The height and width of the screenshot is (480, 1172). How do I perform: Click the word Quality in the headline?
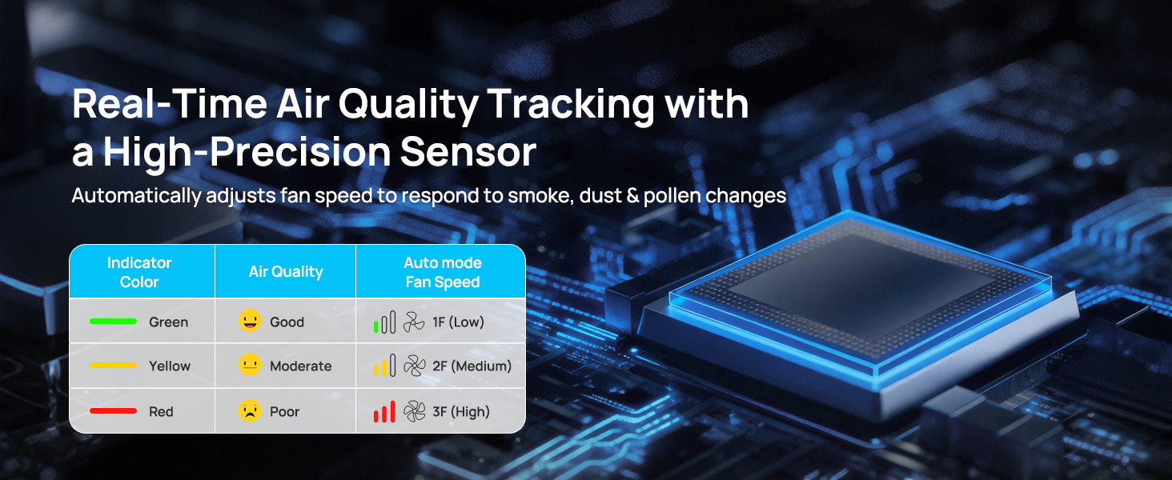pyautogui.click(x=408, y=105)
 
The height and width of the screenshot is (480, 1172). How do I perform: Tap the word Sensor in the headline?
pyautogui.click(x=468, y=152)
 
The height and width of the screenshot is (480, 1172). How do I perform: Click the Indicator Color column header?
pyautogui.click(x=139, y=272)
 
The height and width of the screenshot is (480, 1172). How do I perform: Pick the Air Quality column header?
pyautogui.click(x=286, y=272)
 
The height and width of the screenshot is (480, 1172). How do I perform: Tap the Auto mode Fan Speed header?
pyautogui.click(x=443, y=272)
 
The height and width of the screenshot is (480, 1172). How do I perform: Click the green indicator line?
pyautogui.click(x=113, y=321)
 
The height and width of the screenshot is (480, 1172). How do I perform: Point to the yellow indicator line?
pyautogui.click(x=113, y=365)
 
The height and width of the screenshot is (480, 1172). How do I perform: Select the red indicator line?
pyautogui.click(x=113, y=411)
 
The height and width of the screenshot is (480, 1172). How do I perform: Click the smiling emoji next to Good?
pyautogui.click(x=250, y=321)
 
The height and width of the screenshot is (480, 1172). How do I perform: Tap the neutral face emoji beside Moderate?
pyautogui.click(x=250, y=365)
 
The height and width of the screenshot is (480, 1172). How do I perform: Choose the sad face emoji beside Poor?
pyautogui.click(x=250, y=411)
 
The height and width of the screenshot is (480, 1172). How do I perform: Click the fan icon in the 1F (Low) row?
pyautogui.click(x=414, y=322)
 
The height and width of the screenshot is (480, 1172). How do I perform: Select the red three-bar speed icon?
pyautogui.click(x=384, y=411)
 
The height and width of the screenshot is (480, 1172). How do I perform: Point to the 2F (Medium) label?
pyautogui.click(x=472, y=366)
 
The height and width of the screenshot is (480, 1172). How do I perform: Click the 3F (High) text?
pyautogui.click(x=461, y=412)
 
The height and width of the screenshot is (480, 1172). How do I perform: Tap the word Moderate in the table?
pyautogui.click(x=301, y=366)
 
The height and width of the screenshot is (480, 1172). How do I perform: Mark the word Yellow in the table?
pyautogui.click(x=170, y=366)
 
